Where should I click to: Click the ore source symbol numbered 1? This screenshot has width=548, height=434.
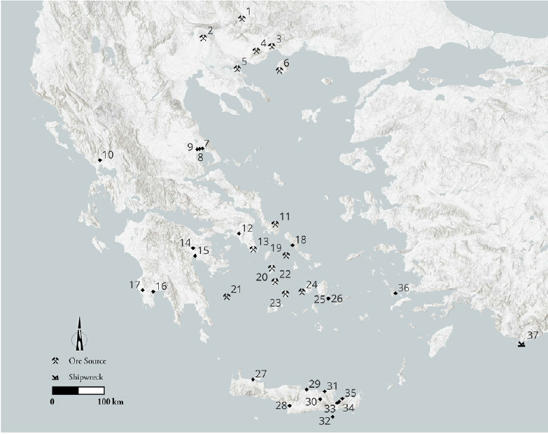[241, 19]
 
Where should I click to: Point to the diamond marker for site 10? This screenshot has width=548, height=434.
[99, 160]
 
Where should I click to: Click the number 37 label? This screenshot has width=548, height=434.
[533, 335]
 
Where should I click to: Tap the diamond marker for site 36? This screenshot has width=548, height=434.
[395, 293]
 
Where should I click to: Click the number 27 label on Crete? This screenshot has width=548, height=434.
[261, 373]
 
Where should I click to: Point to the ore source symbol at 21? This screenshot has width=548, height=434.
[226, 296]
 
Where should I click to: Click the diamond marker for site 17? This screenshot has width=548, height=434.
[143, 290]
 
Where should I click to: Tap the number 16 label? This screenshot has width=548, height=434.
[161, 286]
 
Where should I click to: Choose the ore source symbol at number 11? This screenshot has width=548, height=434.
[275, 224]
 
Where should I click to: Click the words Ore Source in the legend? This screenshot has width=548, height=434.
[87, 361]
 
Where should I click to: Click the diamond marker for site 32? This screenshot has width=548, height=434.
[332, 416]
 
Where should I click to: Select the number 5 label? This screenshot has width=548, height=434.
[244, 62]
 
